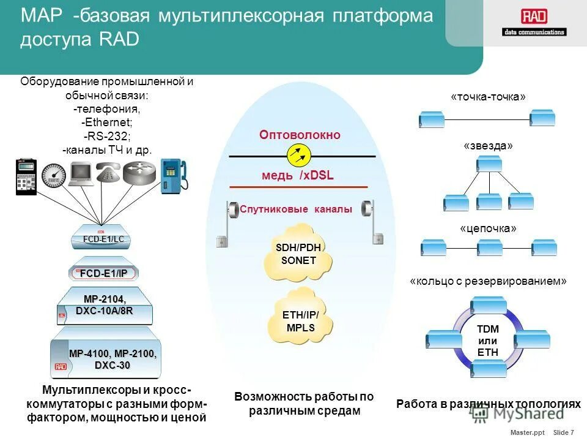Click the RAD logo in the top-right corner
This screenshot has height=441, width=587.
(x=534, y=23)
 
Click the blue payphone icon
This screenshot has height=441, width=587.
(x=174, y=176)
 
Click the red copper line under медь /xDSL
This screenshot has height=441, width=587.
(x=298, y=187)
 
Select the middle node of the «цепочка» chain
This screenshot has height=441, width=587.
(x=489, y=248)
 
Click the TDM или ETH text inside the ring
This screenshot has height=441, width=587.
(x=487, y=341)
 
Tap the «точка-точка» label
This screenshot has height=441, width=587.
(x=488, y=97)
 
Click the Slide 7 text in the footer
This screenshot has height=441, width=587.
(x=563, y=432)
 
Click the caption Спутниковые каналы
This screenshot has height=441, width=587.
(x=296, y=209)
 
